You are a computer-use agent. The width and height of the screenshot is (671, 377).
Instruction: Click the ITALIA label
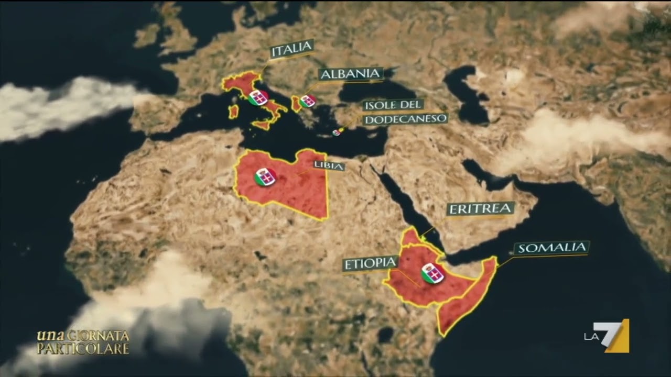[291, 49]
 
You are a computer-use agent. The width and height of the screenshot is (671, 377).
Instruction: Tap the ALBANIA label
[351, 74]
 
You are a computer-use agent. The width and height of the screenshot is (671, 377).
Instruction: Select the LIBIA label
[329, 166]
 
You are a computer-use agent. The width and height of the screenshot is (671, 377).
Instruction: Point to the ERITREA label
[480, 209]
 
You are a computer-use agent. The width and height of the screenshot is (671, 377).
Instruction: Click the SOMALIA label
[551, 248]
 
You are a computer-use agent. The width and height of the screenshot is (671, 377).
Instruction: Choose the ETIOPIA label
[370, 263]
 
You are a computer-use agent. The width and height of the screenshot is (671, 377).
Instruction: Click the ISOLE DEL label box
[394, 105]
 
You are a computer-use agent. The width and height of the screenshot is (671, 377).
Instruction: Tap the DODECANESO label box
[405, 119]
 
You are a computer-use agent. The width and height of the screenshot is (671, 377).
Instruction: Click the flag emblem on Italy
[258, 97]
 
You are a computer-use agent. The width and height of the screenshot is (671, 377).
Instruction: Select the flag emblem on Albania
[308, 101]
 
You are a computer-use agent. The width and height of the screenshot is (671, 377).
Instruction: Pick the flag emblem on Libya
[265, 177]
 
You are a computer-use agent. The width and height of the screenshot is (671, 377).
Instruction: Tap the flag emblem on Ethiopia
[432, 273]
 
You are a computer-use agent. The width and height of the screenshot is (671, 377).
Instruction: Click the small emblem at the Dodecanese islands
[337, 132]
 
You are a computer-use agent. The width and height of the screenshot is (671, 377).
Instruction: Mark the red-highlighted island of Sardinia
[233, 112]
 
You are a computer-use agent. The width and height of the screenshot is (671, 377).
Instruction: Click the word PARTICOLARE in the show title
[82, 348]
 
